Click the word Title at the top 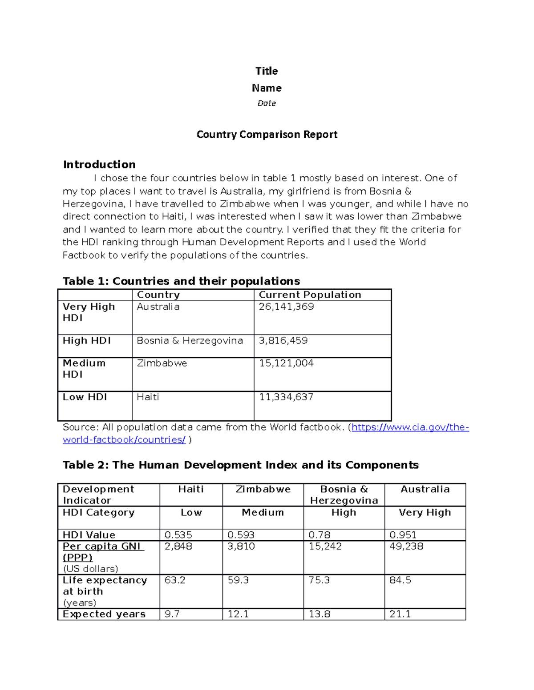(267, 71)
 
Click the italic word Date (267, 103)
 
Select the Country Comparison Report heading (267, 134)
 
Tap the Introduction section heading (99, 164)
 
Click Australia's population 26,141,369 (286, 307)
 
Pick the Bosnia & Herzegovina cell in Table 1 (190, 340)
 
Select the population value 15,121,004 (286, 363)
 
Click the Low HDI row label (85, 397)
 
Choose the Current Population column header (310, 295)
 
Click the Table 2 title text (240, 465)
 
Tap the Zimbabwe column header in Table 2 (263, 489)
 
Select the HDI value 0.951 (403, 535)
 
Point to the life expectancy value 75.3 (319, 580)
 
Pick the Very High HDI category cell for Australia (425, 512)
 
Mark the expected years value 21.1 (400, 614)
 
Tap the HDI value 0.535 (178, 535)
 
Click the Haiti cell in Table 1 (148, 397)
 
